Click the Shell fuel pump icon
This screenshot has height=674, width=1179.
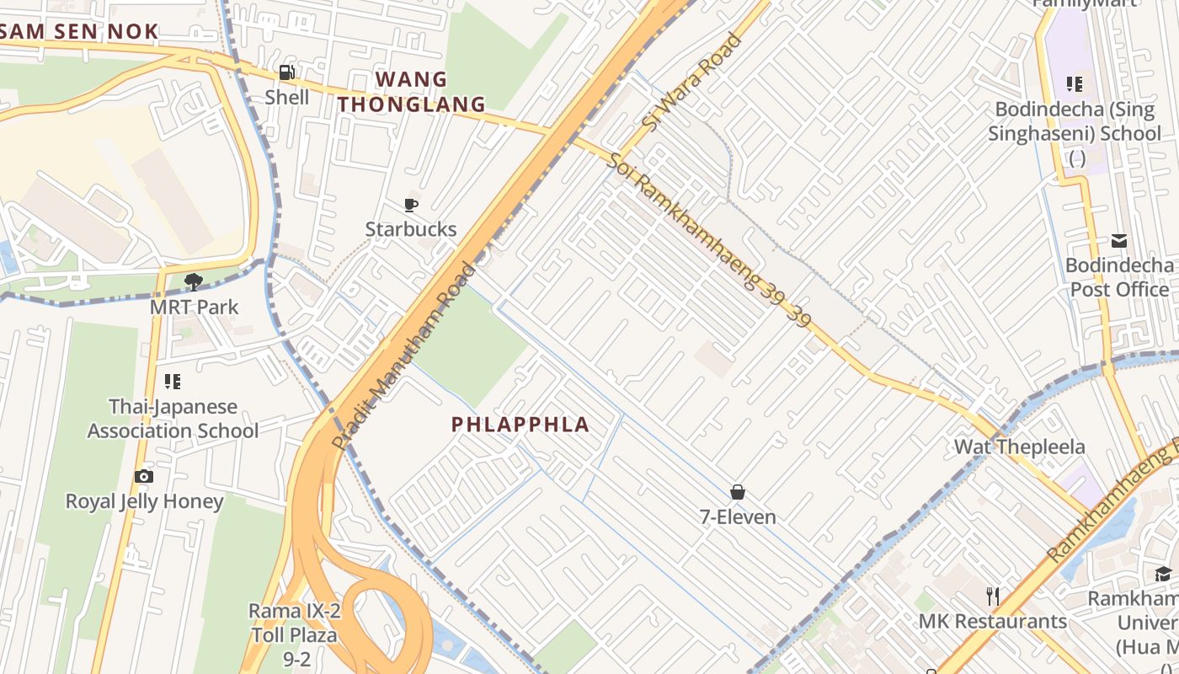(286, 73)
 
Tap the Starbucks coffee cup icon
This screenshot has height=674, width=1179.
(410, 205)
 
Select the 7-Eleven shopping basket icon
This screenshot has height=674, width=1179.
(738, 492)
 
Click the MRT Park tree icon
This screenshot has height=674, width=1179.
(194, 281)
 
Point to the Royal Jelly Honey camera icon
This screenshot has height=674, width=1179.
(144, 477)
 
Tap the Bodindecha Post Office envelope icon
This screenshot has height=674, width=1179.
(1119, 242)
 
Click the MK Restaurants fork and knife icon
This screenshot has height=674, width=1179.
(993, 596)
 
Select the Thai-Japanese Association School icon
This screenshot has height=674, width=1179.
(173, 382)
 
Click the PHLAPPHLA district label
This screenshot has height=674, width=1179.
(520, 425)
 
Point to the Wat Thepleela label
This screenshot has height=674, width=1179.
(1019, 447)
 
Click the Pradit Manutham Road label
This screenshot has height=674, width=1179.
(405, 356)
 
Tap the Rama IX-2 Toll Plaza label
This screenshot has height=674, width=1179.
(294, 634)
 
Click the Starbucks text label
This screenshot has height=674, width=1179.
(411, 229)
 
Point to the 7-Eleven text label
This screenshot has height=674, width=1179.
(738, 516)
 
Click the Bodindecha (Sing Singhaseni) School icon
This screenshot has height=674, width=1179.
(1075, 84)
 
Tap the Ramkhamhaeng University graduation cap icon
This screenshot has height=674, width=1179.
(1163, 575)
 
